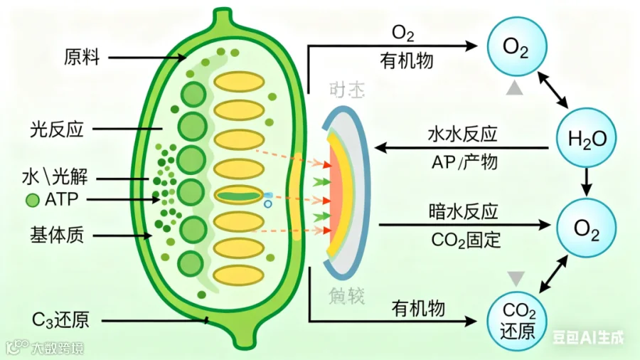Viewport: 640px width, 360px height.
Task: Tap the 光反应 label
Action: (x=57, y=129)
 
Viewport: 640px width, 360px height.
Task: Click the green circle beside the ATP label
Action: (x=32, y=200)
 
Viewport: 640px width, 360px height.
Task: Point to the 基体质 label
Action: (x=57, y=235)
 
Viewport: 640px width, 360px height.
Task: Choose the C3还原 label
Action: (x=60, y=319)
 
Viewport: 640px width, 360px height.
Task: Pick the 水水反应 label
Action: (x=462, y=134)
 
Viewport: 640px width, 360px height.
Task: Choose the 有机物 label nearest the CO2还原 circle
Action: (x=418, y=307)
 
